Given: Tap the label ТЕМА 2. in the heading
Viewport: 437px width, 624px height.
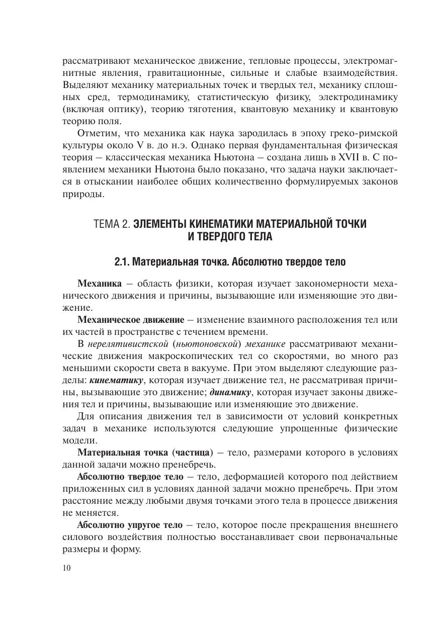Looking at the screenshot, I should pos(111,224).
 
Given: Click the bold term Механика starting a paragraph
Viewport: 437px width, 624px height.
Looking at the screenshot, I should pos(99,284).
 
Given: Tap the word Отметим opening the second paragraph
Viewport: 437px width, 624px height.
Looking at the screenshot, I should pos(98,133).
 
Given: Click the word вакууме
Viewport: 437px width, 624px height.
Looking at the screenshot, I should pos(205,368).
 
